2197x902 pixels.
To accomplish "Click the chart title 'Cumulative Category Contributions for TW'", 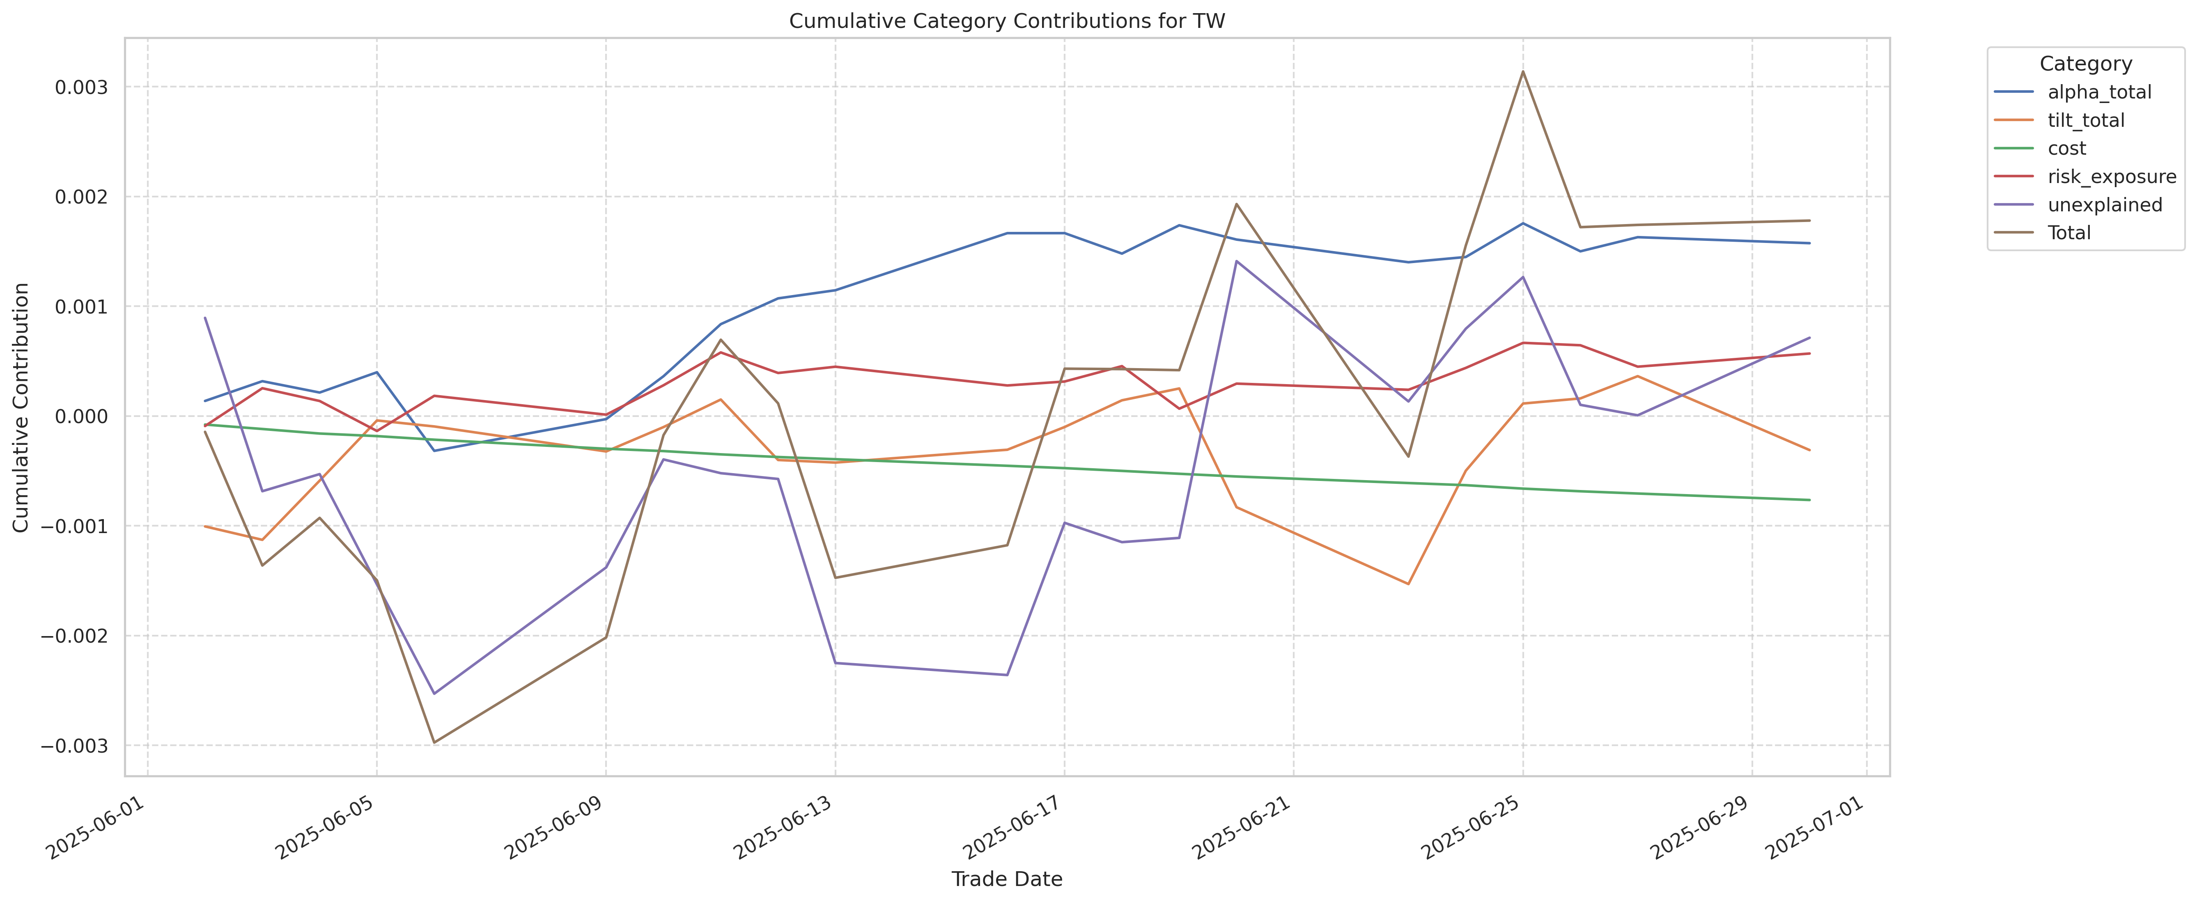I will tap(1006, 21).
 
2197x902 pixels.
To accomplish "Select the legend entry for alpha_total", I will tap(2099, 92).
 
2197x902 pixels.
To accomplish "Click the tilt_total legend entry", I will tap(2085, 120).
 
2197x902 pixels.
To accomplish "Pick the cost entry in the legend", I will tap(2066, 148).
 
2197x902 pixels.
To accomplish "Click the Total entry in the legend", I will tap(2069, 233).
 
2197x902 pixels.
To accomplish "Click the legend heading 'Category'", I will tap(2085, 64).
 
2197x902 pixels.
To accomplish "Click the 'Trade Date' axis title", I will tap(1006, 879).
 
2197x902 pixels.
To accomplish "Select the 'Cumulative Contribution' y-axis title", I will tap(21, 408).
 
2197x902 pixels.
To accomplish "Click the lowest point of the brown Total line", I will tap(434, 743).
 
